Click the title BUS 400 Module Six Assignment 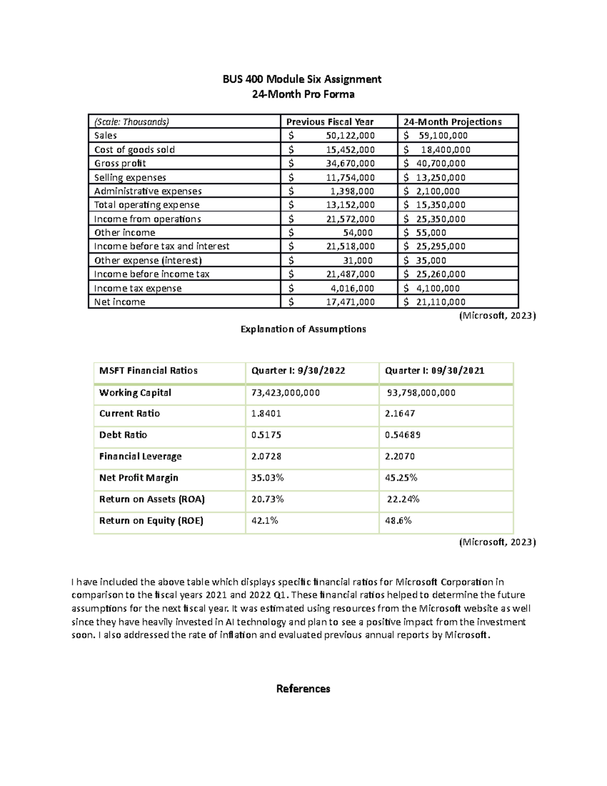pyautogui.click(x=302, y=79)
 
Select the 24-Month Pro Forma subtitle pyautogui.click(x=303, y=94)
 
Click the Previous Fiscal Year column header pyautogui.click(x=330, y=121)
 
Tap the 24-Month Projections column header pyautogui.click(x=452, y=121)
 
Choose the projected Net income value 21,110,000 pyautogui.click(x=441, y=302)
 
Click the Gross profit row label pyautogui.click(x=120, y=163)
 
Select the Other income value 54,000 pyautogui.click(x=358, y=233)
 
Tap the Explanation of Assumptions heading pyautogui.click(x=303, y=329)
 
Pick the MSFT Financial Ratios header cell pyautogui.click(x=148, y=370)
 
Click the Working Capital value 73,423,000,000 pyautogui.click(x=285, y=393)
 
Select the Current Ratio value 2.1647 pyautogui.click(x=400, y=413)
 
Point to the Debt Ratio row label pyautogui.click(x=123, y=435)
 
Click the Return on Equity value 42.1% pyautogui.click(x=265, y=520)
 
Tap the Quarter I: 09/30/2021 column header pyautogui.click(x=435, y=370)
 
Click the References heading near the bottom pyautogui.click(x=303, y=689)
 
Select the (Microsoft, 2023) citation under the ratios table pyautogui.click(x=497, y=542)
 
